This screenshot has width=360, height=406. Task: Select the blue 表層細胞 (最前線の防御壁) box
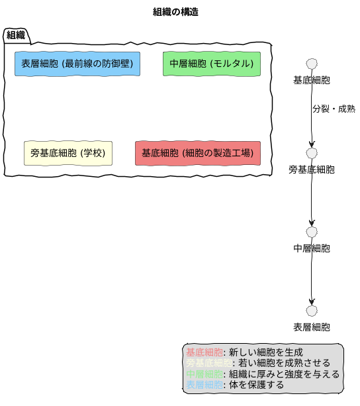(x=77, y=64)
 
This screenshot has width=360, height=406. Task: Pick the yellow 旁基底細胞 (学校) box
(x=67, y=153)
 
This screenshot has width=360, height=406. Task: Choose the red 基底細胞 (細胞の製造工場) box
(x=197, y=153)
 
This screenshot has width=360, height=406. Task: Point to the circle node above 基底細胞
(x=312, y=64)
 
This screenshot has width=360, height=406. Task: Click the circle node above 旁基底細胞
(x=312, y=153)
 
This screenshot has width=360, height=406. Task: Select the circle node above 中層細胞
(x=312, y=232)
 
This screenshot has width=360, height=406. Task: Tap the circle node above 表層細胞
(x=312, y=311)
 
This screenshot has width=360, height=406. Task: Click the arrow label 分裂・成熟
(x=334, y=109)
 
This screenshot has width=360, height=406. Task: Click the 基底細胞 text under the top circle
(x=312, y=81)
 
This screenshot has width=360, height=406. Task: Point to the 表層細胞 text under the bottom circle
(x=312, y=327)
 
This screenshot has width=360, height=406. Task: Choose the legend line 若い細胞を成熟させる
(x=259, y=364)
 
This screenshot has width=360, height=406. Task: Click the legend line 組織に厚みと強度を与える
(x=263, y=374)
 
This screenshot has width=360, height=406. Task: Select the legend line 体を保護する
(x=235, y=385)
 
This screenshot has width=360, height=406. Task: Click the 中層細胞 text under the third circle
(x=312, y=249)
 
